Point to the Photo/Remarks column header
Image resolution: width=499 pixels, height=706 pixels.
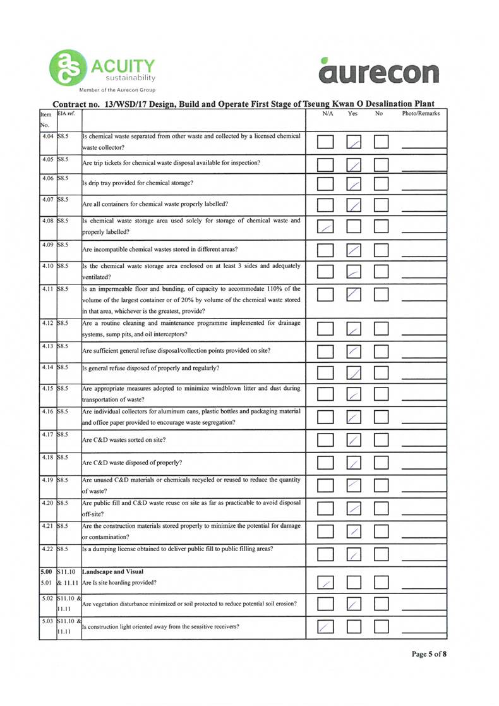[421, 114]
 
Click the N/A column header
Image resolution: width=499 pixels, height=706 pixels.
[327, 114]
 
